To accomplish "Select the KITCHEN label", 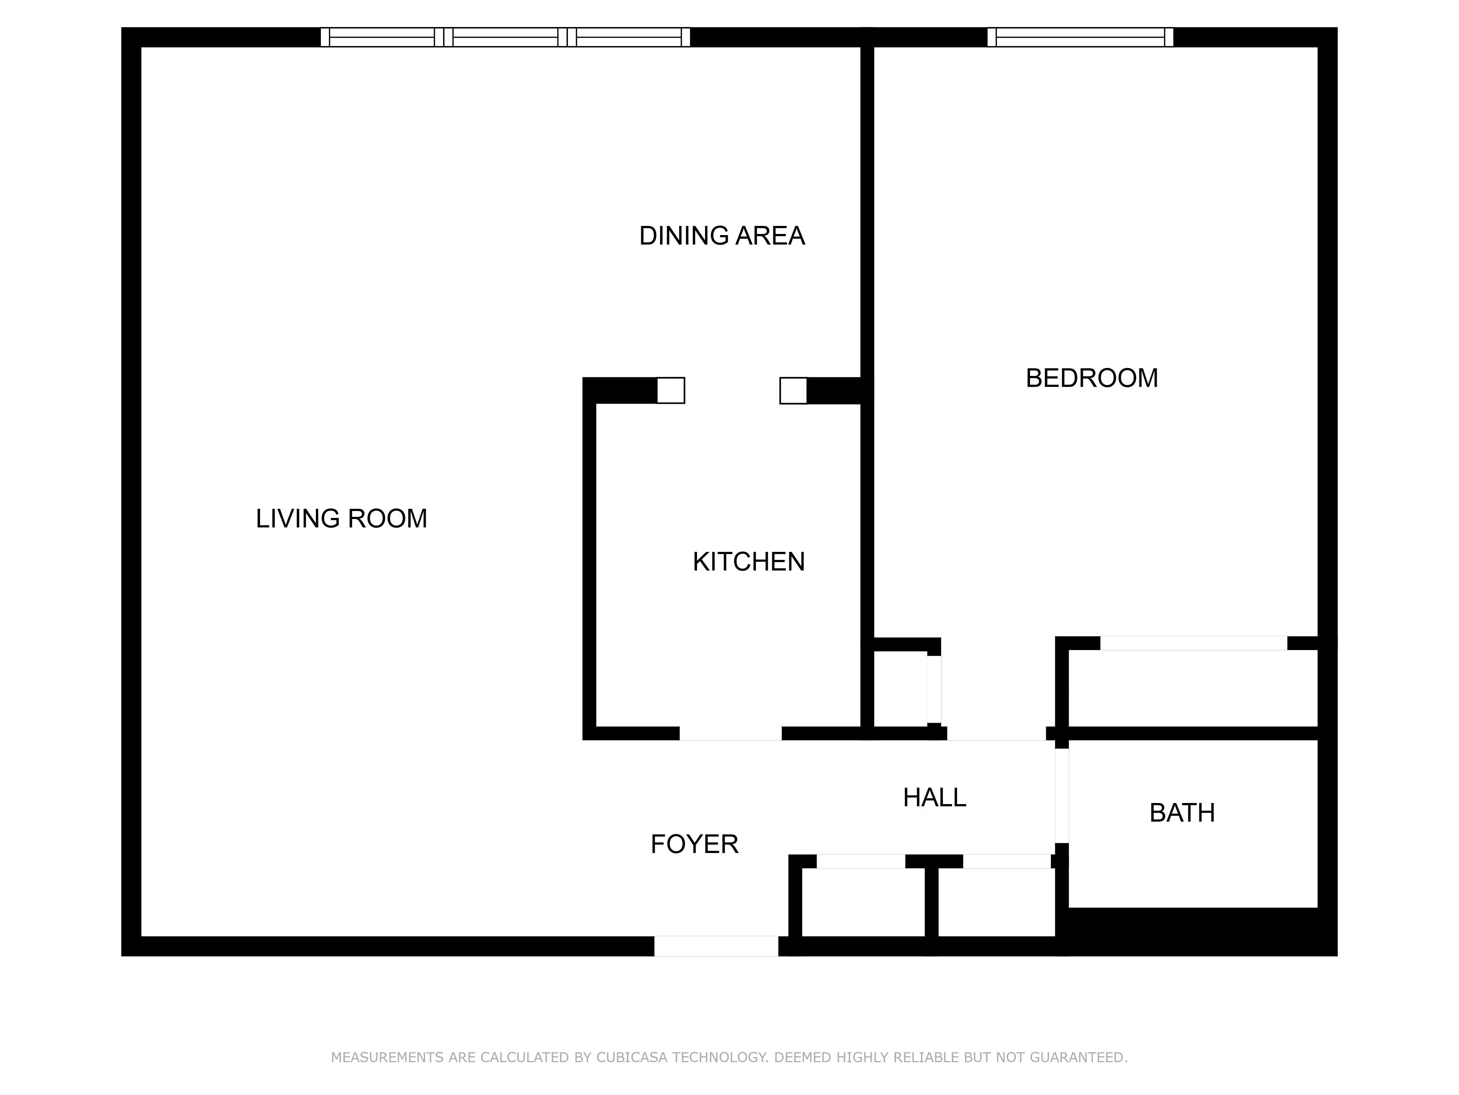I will [x=748, y=562].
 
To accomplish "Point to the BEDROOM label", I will [x=1092, y=378].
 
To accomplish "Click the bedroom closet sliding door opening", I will [x=1193, y=643].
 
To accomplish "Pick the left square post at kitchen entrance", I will [x=671, y=390].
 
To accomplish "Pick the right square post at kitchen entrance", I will [x=793, y=390].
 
